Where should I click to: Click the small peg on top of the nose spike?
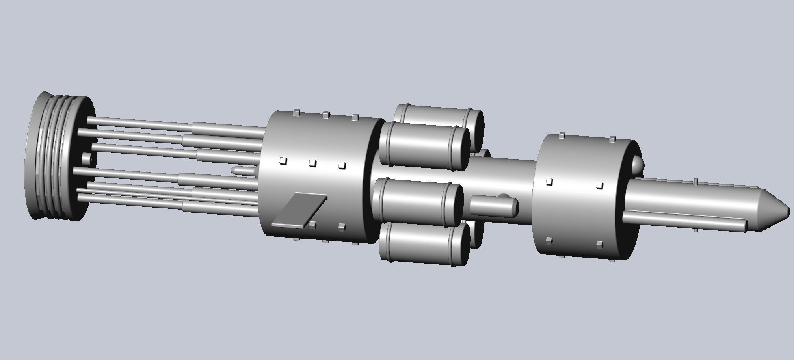696,181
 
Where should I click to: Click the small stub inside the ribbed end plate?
87,159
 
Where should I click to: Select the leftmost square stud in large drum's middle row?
283,161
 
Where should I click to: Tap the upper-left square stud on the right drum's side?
549,182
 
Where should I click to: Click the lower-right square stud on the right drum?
600,244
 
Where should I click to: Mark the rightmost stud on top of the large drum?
355,117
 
